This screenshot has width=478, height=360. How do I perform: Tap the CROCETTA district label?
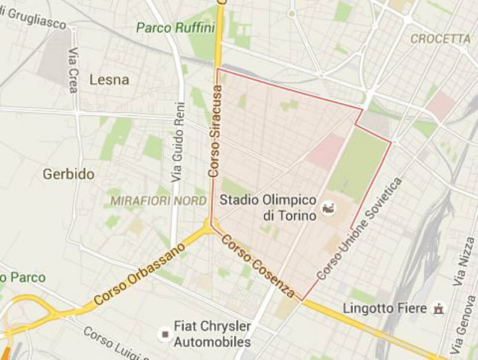[441, 39]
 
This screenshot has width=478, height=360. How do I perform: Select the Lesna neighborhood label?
[109, 80]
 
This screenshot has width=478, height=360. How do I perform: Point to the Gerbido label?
[69, 174]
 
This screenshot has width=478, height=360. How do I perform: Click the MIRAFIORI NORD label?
[158, 200]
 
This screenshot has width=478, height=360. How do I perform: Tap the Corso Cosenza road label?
[258, 266]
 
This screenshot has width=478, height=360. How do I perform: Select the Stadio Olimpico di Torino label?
[268, 206]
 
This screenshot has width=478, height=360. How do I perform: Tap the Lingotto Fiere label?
[385, 309]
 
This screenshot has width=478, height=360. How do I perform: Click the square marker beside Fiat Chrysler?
[163, 333]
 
